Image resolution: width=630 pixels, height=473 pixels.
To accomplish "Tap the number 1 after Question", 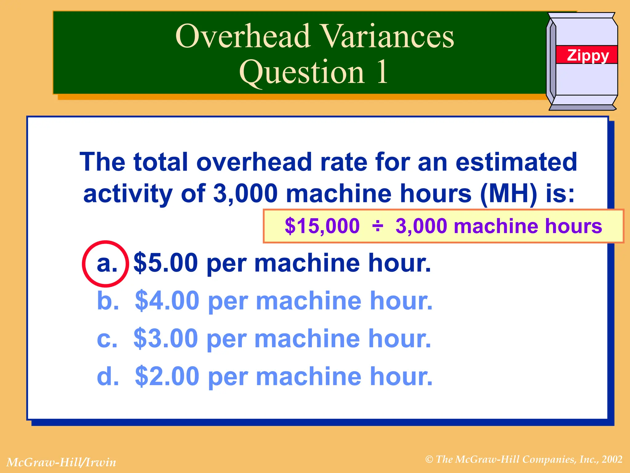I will point(382,72).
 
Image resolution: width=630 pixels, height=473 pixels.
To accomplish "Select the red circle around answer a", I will point(105,264).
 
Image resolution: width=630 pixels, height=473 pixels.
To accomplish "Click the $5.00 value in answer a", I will point(166,263).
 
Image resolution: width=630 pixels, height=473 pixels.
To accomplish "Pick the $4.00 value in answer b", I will point(167,301).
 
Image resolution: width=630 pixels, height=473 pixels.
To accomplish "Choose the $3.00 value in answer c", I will point(166,338).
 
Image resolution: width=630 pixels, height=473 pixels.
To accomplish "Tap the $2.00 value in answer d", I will point(167,376).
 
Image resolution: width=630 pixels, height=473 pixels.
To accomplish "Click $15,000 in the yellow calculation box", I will point(322,226).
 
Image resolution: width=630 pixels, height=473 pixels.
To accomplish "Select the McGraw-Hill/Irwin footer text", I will point(61,462).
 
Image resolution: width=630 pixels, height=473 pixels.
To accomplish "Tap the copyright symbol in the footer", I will point(429,460).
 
